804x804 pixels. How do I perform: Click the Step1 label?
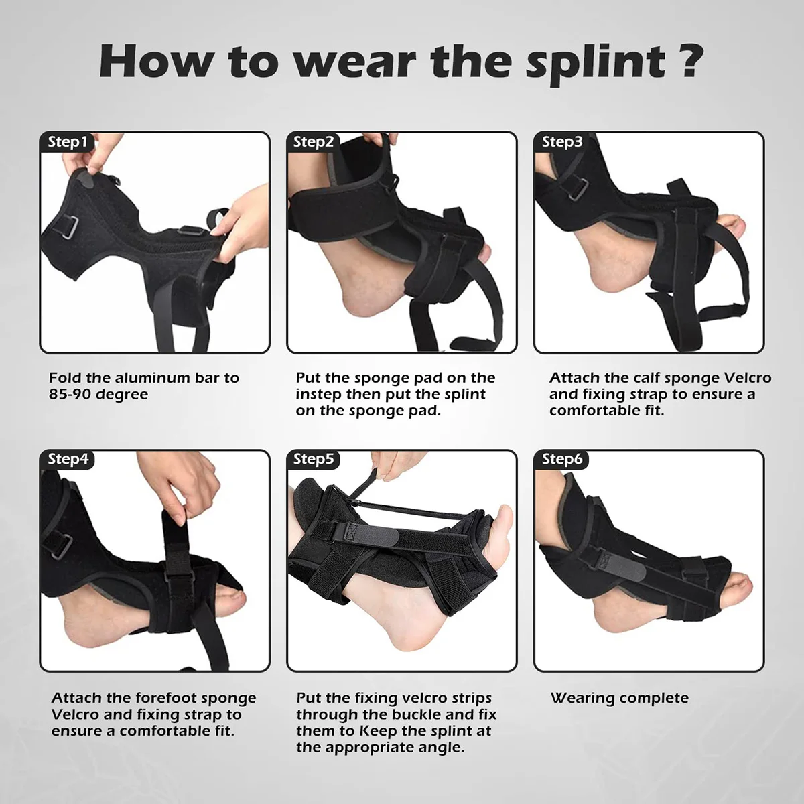click(x=68, y=142)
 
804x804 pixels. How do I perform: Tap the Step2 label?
click(x=314, y=142)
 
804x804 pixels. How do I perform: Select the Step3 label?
click(x=562, y=142)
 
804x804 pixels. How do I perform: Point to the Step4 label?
click(x=68, y=459)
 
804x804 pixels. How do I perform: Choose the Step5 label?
click(x=314, y=459)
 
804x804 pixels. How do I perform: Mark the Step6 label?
click(x=562, y=459)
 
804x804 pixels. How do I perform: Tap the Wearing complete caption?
click(x=619, y=698)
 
